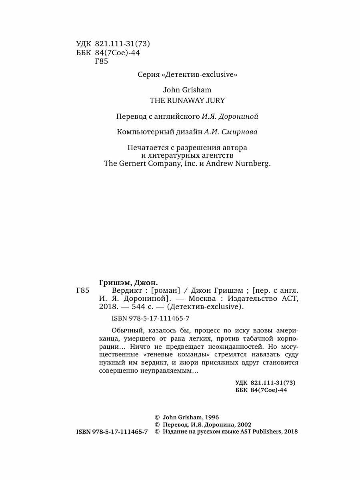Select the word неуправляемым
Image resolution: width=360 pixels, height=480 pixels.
[x=174, y=371]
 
